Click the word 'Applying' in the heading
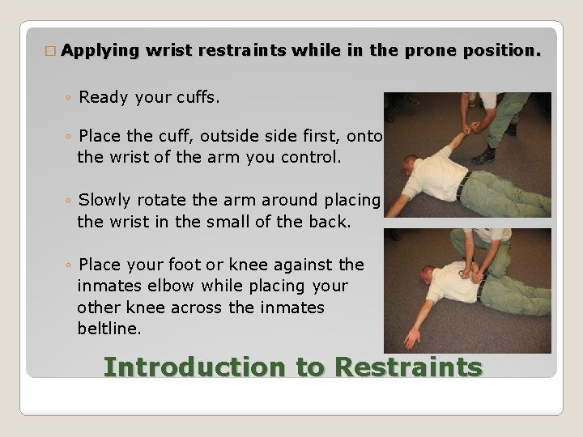tap(100, 51)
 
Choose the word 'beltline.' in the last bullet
tap(110, 329)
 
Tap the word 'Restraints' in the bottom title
tap(408, 367)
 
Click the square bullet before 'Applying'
tap(50, 51)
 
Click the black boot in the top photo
tap(484, 155)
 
